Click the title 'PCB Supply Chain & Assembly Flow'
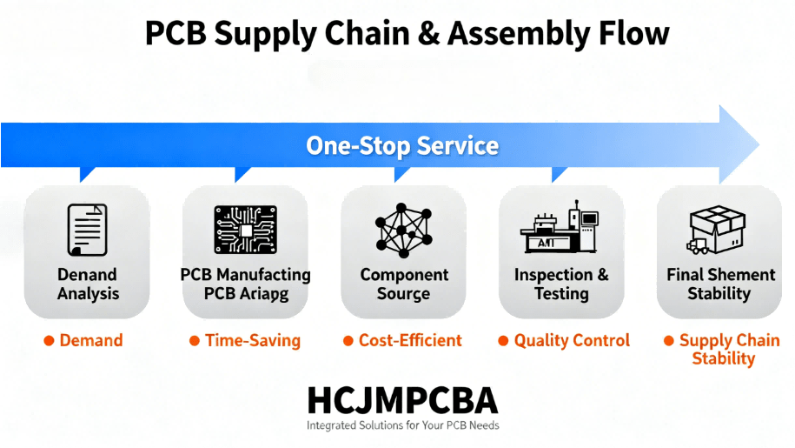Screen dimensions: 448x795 click(x=407, y=34)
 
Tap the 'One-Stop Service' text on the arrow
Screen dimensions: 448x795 click(x=402, y=145)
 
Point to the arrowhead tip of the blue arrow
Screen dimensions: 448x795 click(x=758, y=144)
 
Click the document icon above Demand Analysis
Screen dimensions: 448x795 click(x=87, y=230)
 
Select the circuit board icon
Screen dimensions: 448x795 click(x=245, y=230)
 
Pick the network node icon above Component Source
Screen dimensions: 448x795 click(x=403, y=230)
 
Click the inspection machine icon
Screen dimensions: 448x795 click(x=560, y=230)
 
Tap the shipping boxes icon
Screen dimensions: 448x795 click(x=718, y=230)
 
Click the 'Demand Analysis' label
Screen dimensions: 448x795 click(x=88, y=284)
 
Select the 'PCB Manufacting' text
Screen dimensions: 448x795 click(x=245, y=275)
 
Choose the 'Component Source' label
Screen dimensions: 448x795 click(x=404, y=284)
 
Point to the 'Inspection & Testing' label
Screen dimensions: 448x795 click(x=561, y=284)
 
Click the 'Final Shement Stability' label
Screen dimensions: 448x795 click(x=720, y=284)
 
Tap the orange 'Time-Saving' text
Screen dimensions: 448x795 click(x=252, y=341)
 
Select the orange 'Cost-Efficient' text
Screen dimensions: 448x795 click(x=410, y=341)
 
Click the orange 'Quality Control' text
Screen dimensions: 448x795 click(x=572, y=341)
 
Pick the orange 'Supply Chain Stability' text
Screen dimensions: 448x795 click(x=728, y=349)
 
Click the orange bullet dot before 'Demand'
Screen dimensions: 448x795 click(x=49, y=341)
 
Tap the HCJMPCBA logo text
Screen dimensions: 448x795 click(x=402, y=400)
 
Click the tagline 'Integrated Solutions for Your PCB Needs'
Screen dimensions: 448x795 click(x=402, y=425)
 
